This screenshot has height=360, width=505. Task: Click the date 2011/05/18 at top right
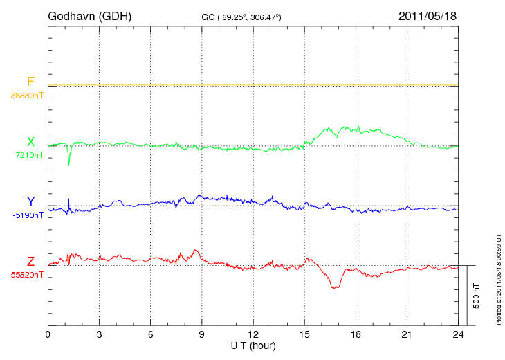428,15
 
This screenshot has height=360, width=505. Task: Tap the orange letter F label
30,82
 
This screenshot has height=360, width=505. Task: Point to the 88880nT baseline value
26,95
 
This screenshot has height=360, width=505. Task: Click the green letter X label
30,142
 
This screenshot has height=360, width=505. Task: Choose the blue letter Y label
30,201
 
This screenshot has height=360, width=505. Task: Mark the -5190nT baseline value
28,215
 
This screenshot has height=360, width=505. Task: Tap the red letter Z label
30,262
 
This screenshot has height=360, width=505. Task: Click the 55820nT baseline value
26,275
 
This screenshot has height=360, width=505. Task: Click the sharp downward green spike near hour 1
68,163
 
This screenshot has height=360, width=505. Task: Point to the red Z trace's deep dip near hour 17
335,287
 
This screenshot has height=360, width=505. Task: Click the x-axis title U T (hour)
253,345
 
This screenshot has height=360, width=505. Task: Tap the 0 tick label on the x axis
48,335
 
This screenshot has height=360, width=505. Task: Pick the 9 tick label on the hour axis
202,335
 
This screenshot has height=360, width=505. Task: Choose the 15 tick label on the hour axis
304,335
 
